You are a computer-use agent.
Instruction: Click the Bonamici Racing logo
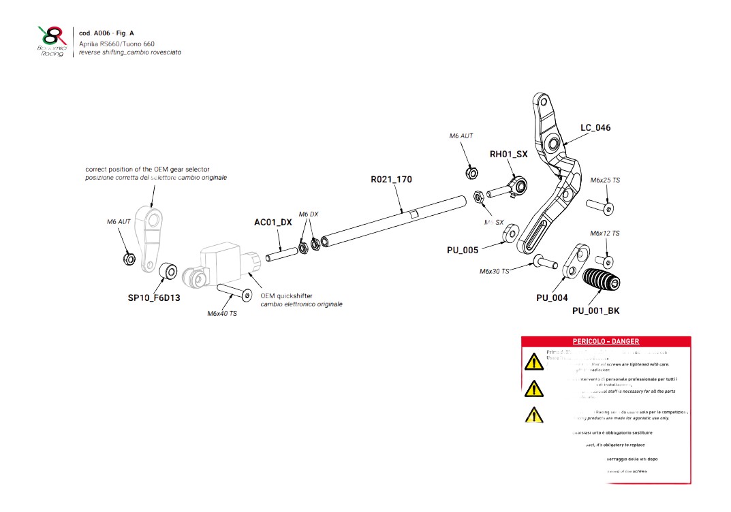click(52, 41)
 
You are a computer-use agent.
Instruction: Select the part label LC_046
click(595, 127)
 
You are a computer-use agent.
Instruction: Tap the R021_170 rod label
click(391, 180)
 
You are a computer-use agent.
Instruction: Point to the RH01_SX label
click(508, 155)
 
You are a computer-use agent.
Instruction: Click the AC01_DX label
click(273, 223)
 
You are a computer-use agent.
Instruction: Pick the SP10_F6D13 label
click(154, 298)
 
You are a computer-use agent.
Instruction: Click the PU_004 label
click(552, 298)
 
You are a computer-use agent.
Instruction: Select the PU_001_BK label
click(595, 310)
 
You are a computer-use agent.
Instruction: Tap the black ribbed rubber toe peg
click(600, 281)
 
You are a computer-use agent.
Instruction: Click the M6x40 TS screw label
click(222, 314)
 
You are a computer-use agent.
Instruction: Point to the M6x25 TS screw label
click(605, 180)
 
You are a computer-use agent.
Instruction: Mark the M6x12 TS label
click(605, 234)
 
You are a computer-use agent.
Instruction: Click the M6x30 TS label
click(494, 271)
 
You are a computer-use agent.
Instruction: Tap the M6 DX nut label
click(309, 214)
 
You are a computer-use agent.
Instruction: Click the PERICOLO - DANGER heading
click(606, 341)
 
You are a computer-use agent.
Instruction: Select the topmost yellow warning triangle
click(534, 362)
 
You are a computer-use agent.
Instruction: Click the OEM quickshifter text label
click(287, 296)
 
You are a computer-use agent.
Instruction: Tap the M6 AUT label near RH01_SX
click(461, 136)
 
